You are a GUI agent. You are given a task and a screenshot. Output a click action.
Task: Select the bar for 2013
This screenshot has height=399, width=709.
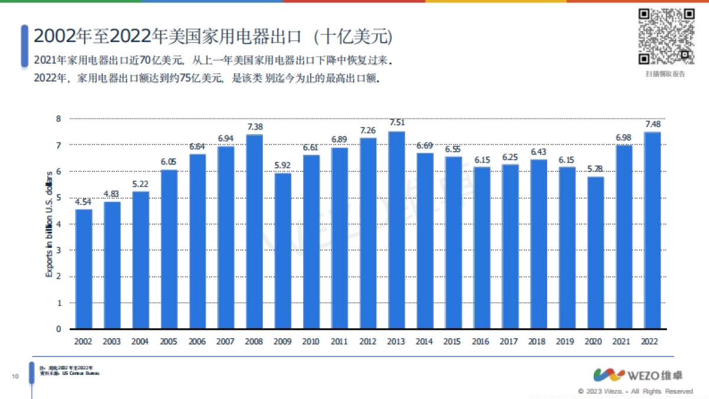pos(396,230)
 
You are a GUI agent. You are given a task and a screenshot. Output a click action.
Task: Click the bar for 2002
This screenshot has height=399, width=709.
pos(84,269)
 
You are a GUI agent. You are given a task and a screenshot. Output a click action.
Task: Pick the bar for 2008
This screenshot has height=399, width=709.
pos(254,231)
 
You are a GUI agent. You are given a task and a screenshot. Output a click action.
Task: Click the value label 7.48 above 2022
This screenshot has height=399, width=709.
pos(652,124)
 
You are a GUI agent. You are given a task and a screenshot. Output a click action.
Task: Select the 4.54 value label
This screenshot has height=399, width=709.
pos(84,202)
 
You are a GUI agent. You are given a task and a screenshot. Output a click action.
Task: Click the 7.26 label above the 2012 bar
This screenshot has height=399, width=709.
pos(368,130)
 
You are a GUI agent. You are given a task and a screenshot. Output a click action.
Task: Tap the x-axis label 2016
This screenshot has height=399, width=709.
pos(482,342)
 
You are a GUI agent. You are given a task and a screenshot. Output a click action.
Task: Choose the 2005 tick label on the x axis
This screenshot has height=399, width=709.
pos(169,342)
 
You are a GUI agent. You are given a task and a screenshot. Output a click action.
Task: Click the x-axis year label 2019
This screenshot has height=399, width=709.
pos(567,342)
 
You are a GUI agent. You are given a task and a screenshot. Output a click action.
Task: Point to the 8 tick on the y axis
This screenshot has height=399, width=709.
pos(58,119)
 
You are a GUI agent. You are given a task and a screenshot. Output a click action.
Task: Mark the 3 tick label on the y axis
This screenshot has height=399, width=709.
pos(58,250)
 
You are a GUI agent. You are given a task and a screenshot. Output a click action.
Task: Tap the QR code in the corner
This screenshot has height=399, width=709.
pos(665,37)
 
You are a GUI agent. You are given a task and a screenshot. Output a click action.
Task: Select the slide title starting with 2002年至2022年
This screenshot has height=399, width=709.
pos(213,37)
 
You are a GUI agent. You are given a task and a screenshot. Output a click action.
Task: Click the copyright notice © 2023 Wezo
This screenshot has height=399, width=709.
pos(635,391)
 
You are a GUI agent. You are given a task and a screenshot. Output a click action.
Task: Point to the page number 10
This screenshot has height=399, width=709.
pos(16,377)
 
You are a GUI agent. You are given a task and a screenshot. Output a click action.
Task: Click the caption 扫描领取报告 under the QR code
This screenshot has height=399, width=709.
pos(665,74)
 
